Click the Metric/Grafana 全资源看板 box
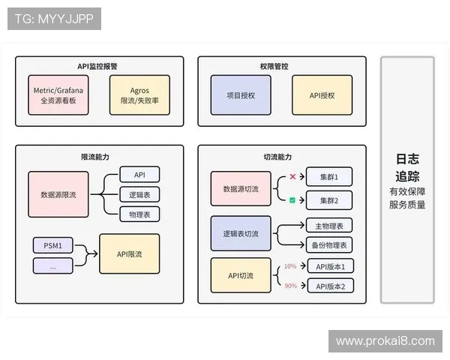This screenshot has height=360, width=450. [x=58, y=94]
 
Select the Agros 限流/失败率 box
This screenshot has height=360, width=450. [x=139, y=94]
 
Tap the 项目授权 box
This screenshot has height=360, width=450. [x=240, y=95]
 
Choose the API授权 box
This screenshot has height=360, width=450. [x=322, y=95]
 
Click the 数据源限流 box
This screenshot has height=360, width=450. [x=58, y=194]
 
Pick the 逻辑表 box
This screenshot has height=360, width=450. [x=139, y=194]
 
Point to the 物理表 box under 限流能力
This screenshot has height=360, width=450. [x=139, y=214]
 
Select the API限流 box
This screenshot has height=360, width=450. [x=130, y=254]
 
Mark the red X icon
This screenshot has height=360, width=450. [x=292, y=177]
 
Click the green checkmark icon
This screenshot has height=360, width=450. [x=292, y=200]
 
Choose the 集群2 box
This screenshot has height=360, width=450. [x=329, y=200]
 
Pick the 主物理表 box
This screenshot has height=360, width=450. [x=329, y=225]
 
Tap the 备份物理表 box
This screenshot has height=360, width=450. [x=329, y=244]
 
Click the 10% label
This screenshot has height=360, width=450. [x=290, y=266]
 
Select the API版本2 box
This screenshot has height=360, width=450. [x=329, y=285]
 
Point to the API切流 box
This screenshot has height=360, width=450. [x=241, y=275]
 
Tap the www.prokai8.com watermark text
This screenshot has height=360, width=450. [x=385, y=341]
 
